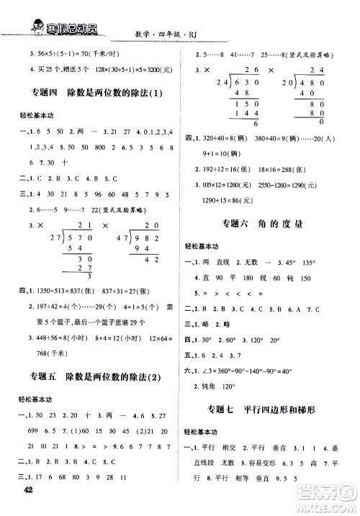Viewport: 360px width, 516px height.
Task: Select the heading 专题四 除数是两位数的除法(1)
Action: point(90,96)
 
